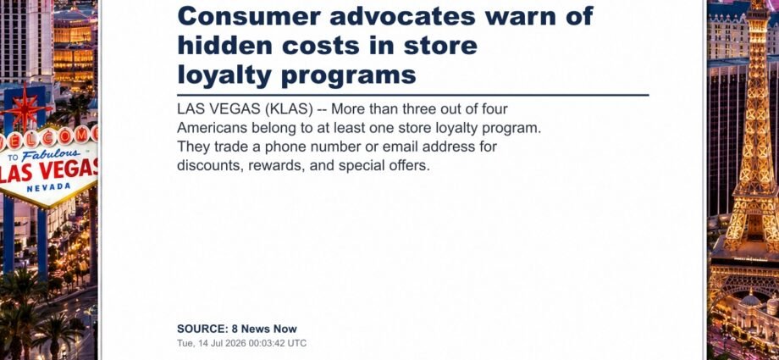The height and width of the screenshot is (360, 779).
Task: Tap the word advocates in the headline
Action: coord(402,16)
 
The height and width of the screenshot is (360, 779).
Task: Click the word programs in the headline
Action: coord(348,76)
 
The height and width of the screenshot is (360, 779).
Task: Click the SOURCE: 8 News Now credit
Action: coord(237,329)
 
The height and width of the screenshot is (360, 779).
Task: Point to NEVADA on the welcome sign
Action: coord(49,187)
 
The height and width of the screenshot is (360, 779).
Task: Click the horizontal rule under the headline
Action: coord(413,95)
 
